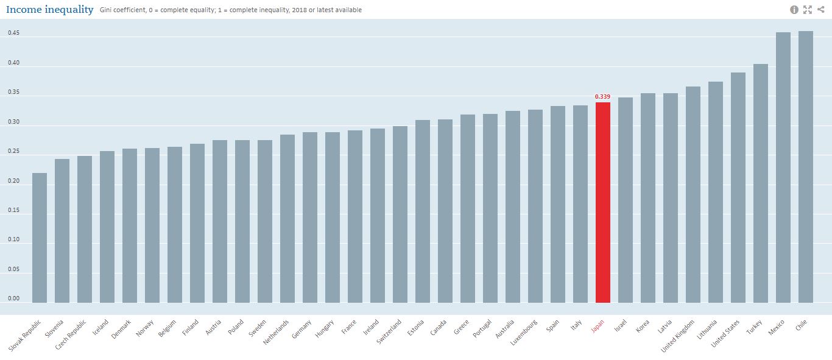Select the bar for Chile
(805, 167)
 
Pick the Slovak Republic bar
(40, 238)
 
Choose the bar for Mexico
(783, 168)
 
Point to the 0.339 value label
(602, 96)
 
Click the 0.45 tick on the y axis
(13, 34)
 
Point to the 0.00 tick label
(13, 298)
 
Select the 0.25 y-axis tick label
(13, 152)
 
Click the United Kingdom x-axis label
(678, 336)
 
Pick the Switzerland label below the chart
(389, 332)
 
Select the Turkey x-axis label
(755, 328)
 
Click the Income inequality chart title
(50, 10)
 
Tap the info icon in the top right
(794, 10)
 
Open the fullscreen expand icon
(808, 10)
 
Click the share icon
(820, 10)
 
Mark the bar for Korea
(647, 198)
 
